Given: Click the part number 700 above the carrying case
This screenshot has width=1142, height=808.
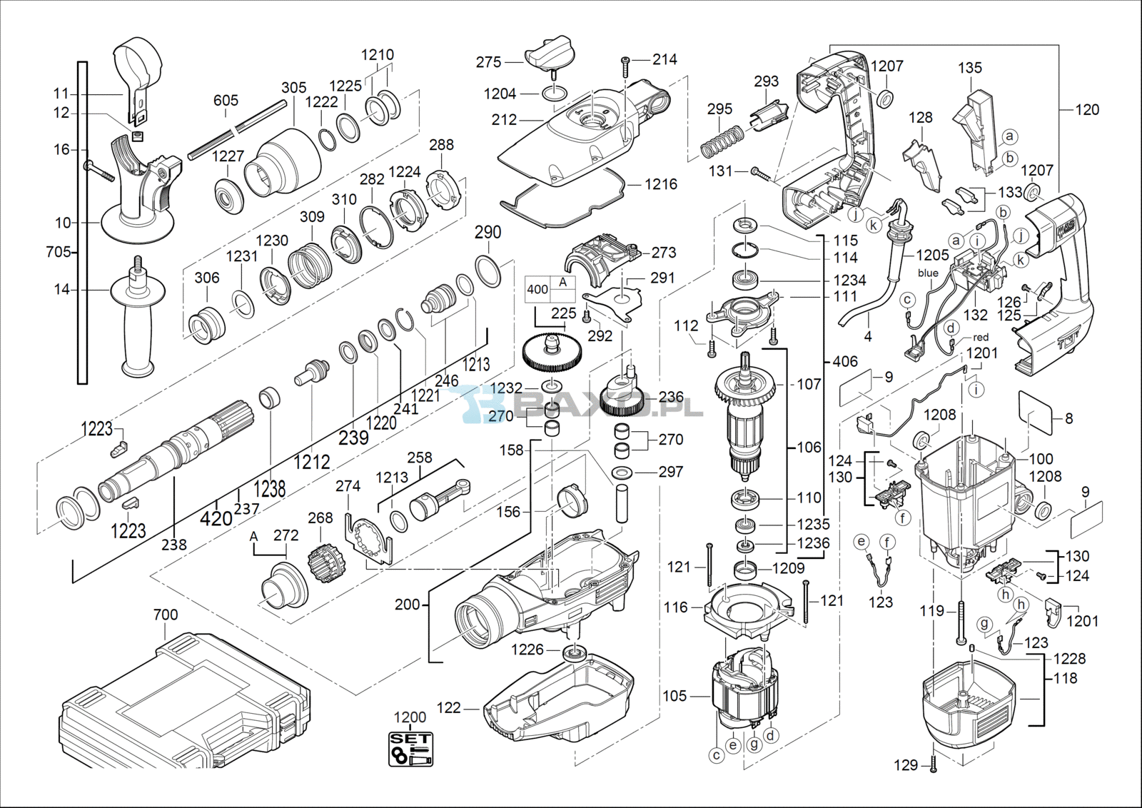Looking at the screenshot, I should [x=166, y=615].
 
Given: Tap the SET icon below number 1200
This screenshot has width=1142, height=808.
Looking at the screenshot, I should [x=410, y=749].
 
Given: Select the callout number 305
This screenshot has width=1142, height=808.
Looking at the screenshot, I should [x=293, y=88].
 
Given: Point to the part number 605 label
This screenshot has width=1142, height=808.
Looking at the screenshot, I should [x=226, y=101].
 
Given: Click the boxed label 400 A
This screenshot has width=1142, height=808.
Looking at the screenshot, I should [x=550, y=288].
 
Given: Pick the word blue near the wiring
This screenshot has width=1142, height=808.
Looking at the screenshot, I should [x=928, y=273].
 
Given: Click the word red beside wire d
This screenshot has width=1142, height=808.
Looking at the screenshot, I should [x=981, y=337].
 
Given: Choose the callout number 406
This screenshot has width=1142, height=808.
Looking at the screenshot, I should [x=845, y=362].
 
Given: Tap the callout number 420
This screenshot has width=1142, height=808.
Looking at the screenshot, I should [x=216, y=517].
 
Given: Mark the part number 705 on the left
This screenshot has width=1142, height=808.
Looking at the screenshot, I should [x=58, y=252].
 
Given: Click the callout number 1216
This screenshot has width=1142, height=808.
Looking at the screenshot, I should [x=661, y=184].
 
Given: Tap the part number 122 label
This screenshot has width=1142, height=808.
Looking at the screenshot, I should [x=449, y=707].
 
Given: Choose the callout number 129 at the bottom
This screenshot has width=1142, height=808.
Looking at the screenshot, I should [x=906, y=765].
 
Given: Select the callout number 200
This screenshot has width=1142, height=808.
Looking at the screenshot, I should [x=408, y=605].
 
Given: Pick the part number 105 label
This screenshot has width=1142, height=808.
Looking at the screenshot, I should [x=674, y=695].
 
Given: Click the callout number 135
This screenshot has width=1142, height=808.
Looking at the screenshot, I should [x=970, y=68].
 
